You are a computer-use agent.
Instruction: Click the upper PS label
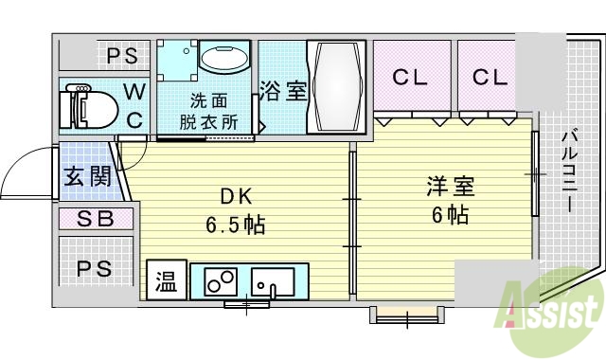(x=121, y=56)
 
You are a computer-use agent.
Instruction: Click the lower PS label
(x=95, y=269)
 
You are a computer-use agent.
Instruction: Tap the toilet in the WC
(x=85, y=107)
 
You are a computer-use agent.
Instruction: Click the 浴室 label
(x=283, y=92)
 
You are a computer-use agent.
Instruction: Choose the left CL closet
(x=411, y=78)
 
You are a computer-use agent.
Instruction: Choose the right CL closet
(x=490, y=78)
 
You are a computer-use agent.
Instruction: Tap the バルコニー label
(x=569, y=171)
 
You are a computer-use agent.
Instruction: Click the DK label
(x=237, y=197)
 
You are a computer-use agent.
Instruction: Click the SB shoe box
(x=95, y=219)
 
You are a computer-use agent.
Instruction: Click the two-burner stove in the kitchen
(x=220, y=281)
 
